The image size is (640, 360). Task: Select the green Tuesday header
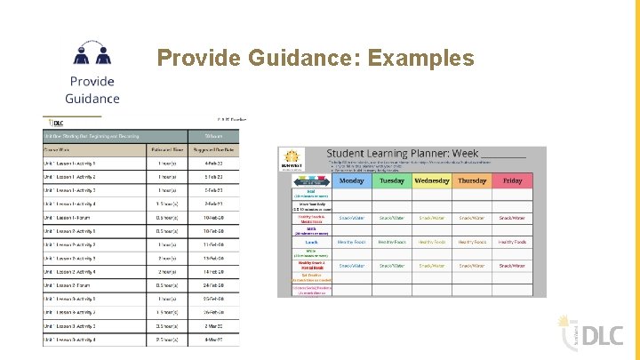click(x=392, y=180)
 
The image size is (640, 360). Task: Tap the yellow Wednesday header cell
click(x=431, y=180)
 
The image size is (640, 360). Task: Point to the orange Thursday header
click(x=471, y=180)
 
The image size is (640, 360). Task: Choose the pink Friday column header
click(x=512, y=180)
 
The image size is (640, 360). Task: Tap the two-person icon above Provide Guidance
click(x=92, y=54)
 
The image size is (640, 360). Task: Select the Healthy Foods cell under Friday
click(x=512, y=241)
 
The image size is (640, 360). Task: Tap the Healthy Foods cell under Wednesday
click(x=431, y=241)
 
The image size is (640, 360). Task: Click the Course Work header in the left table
click(x=58, y=149)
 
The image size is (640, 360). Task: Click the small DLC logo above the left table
click(x=54, y=122)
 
